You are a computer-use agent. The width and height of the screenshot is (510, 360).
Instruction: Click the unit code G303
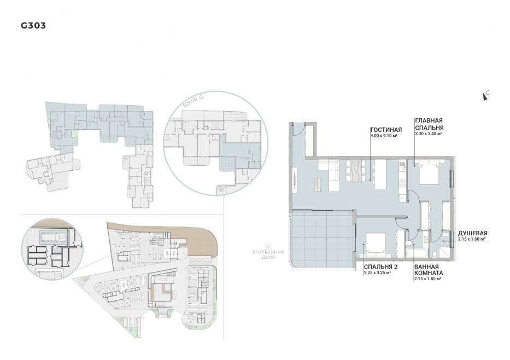click(x=33, y=25)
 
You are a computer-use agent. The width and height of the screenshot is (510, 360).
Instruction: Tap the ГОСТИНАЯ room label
click(x=386, y=130)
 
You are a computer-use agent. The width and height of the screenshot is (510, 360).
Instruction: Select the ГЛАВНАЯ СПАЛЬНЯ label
click(x=429, y=124)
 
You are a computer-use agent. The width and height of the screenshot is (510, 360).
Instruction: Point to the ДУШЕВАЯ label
click(x=473, y=233)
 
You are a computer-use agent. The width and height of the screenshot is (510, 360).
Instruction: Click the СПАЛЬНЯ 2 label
click(x=381, y=267)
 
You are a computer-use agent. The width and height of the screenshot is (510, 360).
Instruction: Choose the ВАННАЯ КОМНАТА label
click(x=429, y=270)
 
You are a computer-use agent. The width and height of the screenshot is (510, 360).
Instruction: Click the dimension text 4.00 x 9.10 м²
click(x=384, y=135)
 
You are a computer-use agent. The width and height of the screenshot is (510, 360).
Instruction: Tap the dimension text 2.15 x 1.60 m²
click(x=472, y=239)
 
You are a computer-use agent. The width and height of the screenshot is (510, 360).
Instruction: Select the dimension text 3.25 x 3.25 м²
click(x=378, y=273)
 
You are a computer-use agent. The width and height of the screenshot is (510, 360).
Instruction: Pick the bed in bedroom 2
click(x=376, y=245)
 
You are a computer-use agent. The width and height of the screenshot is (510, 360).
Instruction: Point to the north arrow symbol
click(x=485, y=96)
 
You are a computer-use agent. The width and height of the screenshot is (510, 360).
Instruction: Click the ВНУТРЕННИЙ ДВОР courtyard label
click(x=268, y=254)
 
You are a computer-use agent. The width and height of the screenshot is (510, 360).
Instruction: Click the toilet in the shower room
click(x=436, y=254)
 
